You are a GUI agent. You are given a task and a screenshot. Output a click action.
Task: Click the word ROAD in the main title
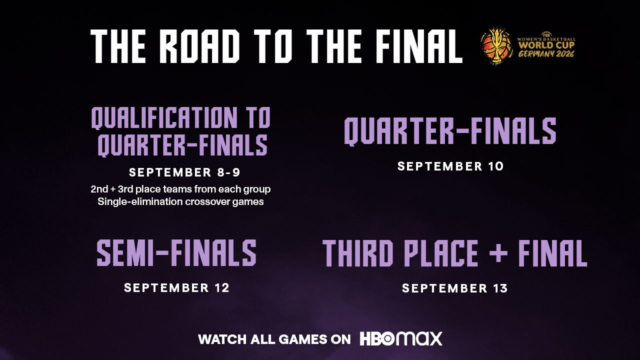point(199,46)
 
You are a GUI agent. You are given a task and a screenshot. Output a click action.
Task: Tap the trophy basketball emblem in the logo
point(496,44)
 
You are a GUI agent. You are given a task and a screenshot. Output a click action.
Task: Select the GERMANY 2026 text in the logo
point(546,53)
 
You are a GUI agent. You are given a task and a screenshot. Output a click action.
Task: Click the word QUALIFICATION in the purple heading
point(164,118)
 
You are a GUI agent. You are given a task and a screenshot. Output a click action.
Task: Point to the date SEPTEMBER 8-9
point(184,172)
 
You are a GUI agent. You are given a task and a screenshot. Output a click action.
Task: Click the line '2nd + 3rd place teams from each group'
point(180,189)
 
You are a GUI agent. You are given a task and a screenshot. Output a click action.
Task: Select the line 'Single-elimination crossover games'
point(180,201)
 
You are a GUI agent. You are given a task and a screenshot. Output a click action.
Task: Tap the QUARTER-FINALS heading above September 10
point(450,131)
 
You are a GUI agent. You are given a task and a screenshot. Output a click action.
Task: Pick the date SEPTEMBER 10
point(450,166)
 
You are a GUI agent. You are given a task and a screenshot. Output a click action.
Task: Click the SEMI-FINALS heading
point(176,253)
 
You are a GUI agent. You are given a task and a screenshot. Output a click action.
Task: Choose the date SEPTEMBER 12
point(177,287)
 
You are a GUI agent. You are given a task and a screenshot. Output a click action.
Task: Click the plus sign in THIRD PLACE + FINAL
point(498,253)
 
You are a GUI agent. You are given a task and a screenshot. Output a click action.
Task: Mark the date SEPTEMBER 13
point(455,288)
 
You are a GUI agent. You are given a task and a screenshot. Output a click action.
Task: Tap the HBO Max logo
point(401,339)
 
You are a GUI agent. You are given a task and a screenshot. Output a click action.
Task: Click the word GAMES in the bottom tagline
point(303,339)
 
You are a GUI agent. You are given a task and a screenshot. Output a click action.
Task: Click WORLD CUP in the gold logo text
point(546,45)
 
